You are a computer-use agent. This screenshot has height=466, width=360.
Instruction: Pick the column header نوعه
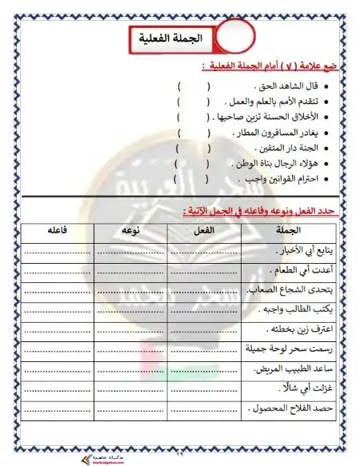pyautogui.click(x=130, y=230)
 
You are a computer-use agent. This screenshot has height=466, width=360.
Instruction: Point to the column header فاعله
pyautogui.click(x=58, y=230)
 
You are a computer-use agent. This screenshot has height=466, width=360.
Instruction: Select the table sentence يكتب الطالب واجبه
pyautogui.click(x=295, y=309)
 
